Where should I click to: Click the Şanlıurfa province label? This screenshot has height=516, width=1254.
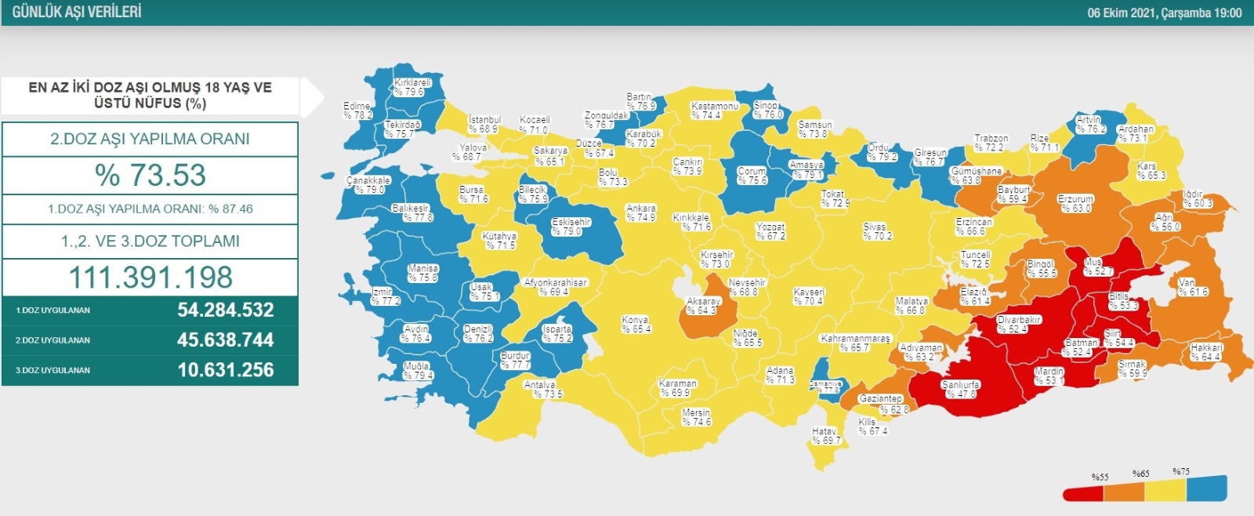click(960, 390)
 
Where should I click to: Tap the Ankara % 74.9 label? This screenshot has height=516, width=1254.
click(640, 213)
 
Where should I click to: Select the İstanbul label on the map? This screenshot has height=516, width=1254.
click(484, 124)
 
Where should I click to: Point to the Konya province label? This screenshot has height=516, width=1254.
click(636, 325)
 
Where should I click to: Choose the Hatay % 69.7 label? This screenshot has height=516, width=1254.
click(825, 436)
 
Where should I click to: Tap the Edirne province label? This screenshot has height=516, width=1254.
click(357, 111)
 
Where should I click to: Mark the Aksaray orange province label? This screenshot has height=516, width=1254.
click(702, 306)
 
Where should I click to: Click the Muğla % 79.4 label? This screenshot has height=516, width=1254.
click(418, 371)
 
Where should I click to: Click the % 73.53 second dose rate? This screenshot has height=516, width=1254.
click(150, 175)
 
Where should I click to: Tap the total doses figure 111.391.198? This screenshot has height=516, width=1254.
click(150, 278)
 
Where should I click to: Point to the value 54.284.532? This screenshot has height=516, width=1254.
click(225, 310)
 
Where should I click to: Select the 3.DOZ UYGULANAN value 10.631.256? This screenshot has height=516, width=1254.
click(225, 370)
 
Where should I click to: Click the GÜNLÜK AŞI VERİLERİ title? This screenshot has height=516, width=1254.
click(77, 13)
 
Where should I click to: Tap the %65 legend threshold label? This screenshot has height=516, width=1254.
click(1140, 474)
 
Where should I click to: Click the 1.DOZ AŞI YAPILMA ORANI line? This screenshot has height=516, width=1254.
click(150, 209)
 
